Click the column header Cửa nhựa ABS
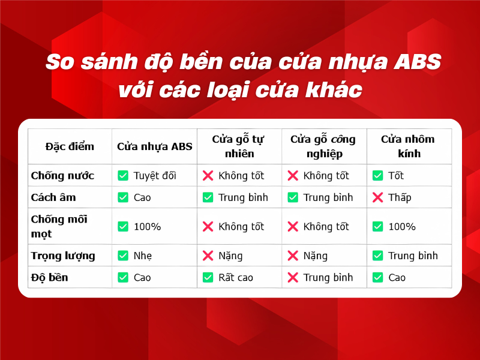pos(155,146)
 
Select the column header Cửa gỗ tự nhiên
pos(239,146)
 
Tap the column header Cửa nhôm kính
pos(408,146)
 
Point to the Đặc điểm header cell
pos(70,146)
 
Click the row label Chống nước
pos(62,176)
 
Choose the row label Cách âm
pos(53,197)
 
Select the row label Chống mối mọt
pos(59,226)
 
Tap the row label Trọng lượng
pos(63,256)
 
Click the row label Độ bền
pos(49,277)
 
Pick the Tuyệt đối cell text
pos(155,176)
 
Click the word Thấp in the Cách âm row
pos(400,197)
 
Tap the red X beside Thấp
pos(378,197)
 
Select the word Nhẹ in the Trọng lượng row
pos(143,256)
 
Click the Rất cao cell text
pos(236,277)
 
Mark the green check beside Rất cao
pos(208,277)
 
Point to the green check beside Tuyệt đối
pos(123,176)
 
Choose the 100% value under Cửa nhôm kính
pos(402,227)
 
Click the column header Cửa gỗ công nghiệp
pos(323,146)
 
